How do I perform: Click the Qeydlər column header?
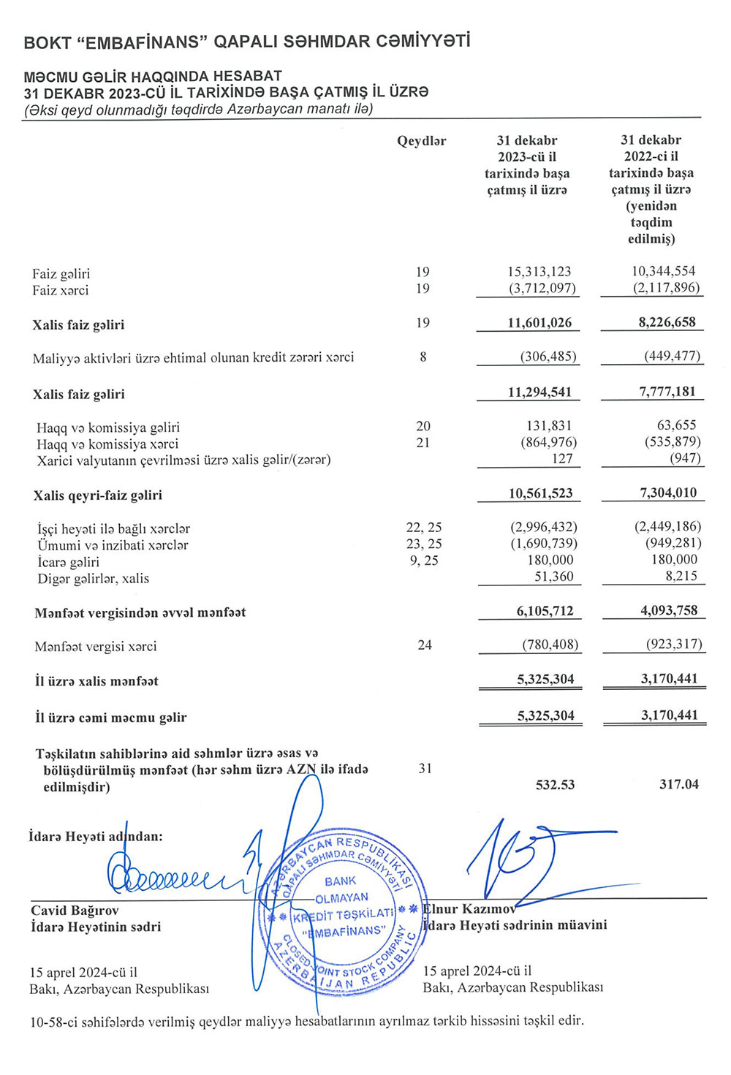coord(421,141)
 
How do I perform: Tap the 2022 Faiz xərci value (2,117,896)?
coord(666,288)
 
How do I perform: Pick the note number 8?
coord(423,357)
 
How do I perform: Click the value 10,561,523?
coord(540,493)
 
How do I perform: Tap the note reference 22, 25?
coord(423,528)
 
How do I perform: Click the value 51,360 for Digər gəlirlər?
coord(553,577)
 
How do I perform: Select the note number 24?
coord(424,645)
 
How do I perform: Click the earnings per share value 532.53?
coord(555,785)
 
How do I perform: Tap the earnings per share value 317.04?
coord(678,785)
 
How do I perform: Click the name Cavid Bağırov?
coord(75,911)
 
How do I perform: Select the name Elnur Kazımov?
coord(469,909)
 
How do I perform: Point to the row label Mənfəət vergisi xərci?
coord(95,647)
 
